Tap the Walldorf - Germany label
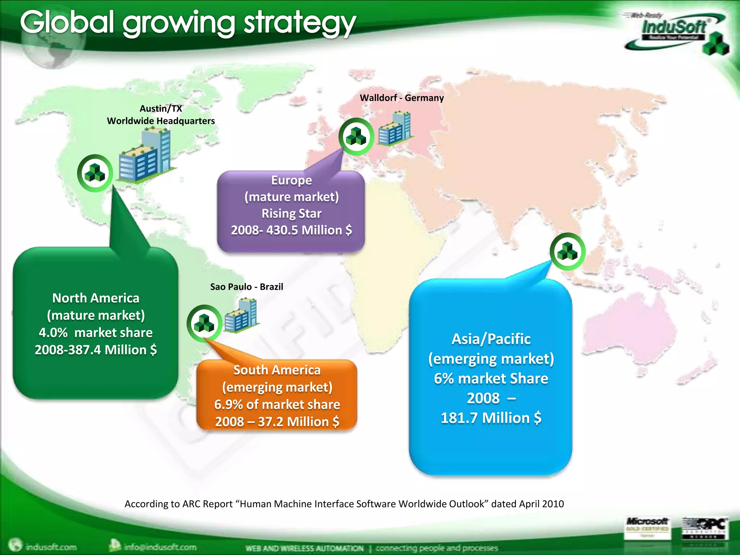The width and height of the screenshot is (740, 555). pyautogui.click(x=402, y=98)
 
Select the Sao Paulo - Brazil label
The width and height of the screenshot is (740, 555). pyautogui.click(x=246, y=287)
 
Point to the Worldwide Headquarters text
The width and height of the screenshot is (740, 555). pyautogui.click(x=161, y=121)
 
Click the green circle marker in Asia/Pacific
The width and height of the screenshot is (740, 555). pyautogui.click(x=567, y=251)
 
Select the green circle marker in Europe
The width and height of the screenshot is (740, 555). pyautogui.click(x=356, y=137)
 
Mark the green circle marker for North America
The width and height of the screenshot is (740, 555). pyautogui.click(x=95, y=173)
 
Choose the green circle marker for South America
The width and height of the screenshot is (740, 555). pyautogui.click(x=204, y=323)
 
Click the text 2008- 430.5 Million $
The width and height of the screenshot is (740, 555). pyautogui.click(x=291, y=230)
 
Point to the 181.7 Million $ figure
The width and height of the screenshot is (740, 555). pyautogui.click(x=491, y=418)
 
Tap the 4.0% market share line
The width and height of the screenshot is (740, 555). pyautogui.click(x=96, y=333)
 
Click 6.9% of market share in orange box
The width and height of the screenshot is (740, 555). pyautogui.click(x=277, y=405)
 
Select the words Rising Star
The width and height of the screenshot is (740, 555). pyautogui.click(x=291, y=214)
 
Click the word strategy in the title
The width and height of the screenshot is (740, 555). pyautogui.click(x=300, y=23)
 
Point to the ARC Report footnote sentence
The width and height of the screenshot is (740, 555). pyautogui.click(x=344, y=504)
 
